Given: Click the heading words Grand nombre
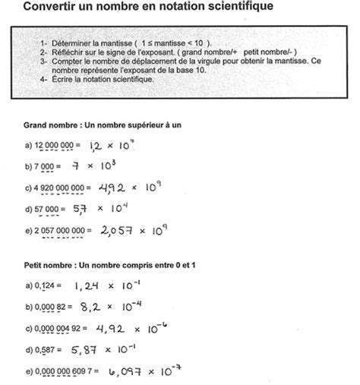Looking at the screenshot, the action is tap(50, 123).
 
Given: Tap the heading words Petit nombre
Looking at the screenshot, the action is tap(49, 267).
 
